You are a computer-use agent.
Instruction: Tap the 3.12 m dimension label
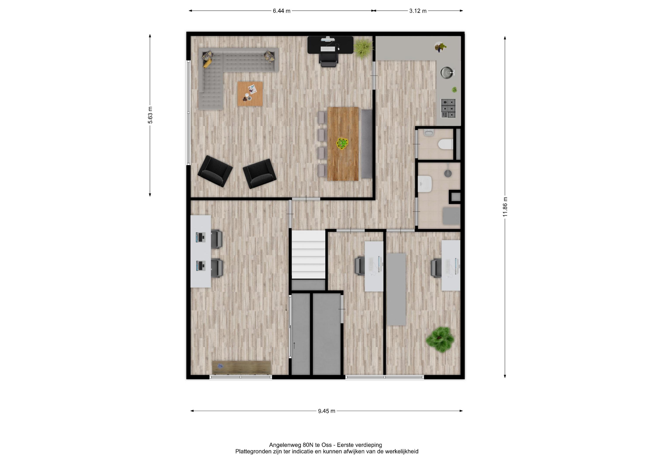tap(418, 11)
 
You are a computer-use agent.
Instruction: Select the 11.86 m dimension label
tap(505, 207)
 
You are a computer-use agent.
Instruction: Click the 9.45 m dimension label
tap(327, 411)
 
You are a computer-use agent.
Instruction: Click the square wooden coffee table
tap(250, 94)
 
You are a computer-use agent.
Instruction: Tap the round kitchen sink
tap(447, 72)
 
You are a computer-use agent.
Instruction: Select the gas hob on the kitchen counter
tap(448, 108)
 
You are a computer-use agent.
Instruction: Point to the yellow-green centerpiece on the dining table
tap(342, 143)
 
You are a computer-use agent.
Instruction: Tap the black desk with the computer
tap(330, 45)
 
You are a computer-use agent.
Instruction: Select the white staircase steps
tap(308, 255)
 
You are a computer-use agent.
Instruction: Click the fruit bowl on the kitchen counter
tap(440, 47)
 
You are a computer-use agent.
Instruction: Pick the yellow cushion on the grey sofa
tap(208, 63)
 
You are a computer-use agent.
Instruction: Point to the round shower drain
tap(448, 173)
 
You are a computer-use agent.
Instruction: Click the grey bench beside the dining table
tap(367, 144)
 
